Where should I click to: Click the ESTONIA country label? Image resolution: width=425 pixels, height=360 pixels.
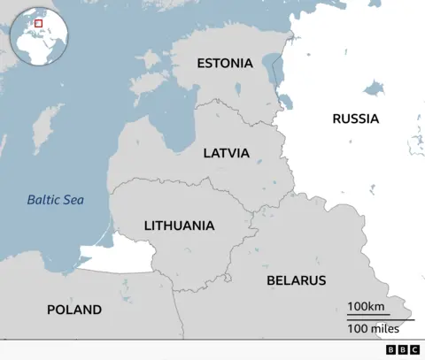point(224,64)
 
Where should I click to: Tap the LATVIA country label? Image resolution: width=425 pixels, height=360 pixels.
point(226,153)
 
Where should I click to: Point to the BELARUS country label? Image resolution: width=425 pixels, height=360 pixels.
point(296,280)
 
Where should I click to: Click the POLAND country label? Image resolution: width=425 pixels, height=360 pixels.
point(73,310)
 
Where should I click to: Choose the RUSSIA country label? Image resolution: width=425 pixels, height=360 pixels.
point(355,119)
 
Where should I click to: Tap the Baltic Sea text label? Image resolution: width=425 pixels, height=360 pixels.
point(55,200)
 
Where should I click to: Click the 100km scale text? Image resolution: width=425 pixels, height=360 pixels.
point(365,306)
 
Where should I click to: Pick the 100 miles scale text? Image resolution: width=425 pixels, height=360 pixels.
point(372,329)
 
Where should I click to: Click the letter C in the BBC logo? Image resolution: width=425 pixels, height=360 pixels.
point(415,350)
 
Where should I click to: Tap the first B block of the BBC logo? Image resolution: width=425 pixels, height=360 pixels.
point(390,350)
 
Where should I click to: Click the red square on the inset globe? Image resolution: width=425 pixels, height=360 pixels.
point(38,24)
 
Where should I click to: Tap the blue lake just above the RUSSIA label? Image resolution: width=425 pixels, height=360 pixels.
point(375,88)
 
